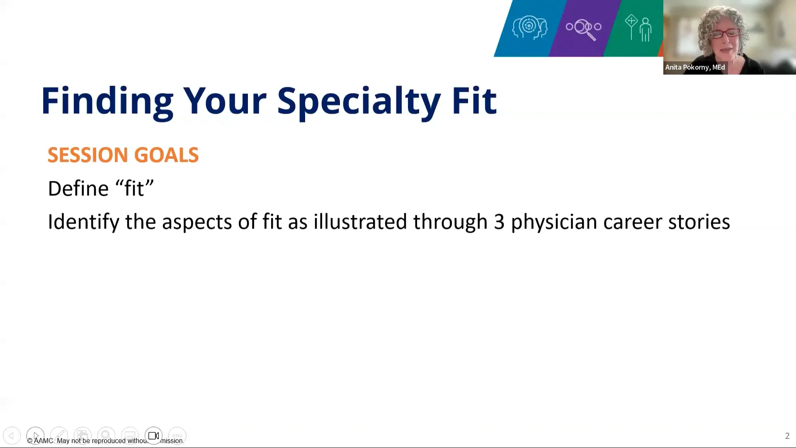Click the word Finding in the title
[107, 101]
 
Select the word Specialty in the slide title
[359, 101]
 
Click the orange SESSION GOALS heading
[123, 155]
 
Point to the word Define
[78, 188]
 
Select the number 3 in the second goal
[499, 222]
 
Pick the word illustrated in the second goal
[360, 222]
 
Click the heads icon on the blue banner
[529, 27]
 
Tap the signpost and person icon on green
[638, 28]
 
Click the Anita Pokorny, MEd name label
[695, 67]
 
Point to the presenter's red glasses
[726, 33]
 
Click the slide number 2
[787, 436]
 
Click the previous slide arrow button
[12, 436]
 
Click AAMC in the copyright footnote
[44, 441]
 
